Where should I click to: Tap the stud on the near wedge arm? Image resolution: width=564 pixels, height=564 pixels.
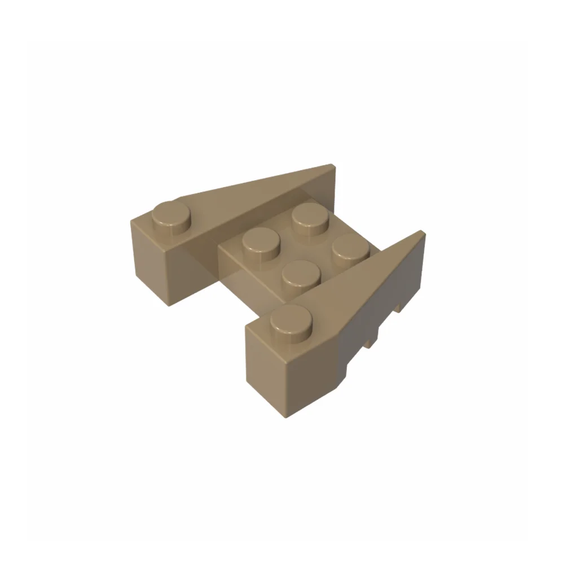point(291,320)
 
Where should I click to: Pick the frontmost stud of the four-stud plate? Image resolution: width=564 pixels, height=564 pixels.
point(300,274)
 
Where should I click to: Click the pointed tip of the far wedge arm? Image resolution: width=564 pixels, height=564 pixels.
point(332,168)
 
